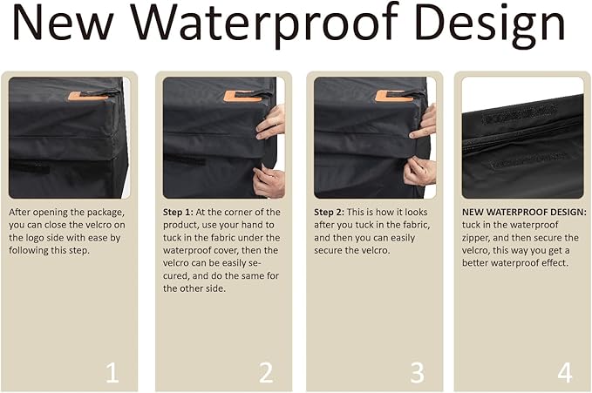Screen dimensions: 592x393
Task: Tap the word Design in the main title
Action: [490, 25]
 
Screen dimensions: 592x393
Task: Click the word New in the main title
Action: [63, 23]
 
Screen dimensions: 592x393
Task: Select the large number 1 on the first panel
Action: [112, 372]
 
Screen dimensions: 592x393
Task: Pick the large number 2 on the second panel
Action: [266, 372]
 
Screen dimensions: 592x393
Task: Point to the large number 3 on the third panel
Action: [418, 372]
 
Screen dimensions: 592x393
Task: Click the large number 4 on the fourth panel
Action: [565, 372]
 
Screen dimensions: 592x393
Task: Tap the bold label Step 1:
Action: [178, 213]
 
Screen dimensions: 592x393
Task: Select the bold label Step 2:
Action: [329, 213]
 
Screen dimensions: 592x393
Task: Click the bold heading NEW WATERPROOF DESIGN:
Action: [524, 212]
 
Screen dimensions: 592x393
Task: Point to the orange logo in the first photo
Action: [87, 96]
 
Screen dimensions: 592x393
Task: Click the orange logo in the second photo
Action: [242, 96]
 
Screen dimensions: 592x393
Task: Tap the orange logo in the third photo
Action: [395, 96]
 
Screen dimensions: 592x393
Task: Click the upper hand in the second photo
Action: [270, 123]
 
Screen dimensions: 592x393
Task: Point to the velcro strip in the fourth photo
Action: [514, 113]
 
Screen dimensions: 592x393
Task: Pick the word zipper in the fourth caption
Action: [476, 238]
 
